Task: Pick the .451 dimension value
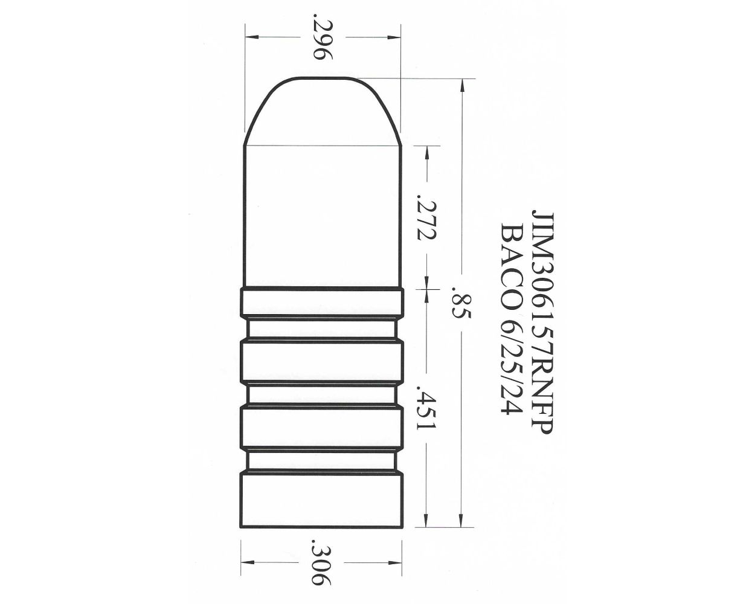[426, 411]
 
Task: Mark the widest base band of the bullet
[322, 500]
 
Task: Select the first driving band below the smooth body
[322, 303]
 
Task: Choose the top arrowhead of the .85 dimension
[461, 86]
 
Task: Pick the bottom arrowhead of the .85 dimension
[461, 521]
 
